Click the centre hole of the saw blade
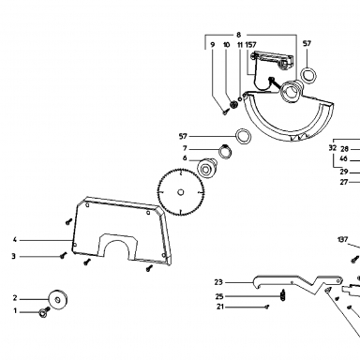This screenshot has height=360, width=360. point(181,192)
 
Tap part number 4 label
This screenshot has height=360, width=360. point(14,240)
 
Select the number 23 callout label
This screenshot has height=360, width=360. point(218,282)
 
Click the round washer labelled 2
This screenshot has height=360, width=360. point(58,300)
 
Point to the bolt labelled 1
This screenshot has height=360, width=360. point(44,312)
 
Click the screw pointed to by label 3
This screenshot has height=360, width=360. point(64,256)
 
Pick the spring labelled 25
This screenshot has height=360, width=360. point(283,295)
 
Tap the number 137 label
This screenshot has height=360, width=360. point(343,240)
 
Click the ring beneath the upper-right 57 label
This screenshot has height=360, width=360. point(308,76)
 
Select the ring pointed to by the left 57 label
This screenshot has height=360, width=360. point(243,137)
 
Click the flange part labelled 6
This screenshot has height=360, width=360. point(206,168)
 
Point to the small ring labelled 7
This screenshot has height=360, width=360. point(225,152)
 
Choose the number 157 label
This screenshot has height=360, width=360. point(251,45)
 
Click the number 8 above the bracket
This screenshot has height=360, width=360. point(239,35)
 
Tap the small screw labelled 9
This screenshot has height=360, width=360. point(225,112)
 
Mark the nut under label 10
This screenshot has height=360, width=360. point(233,105)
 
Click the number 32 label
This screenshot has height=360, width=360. point(333,148)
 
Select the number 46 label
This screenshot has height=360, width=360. point(344,158)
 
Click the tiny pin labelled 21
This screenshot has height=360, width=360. point(266,307)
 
